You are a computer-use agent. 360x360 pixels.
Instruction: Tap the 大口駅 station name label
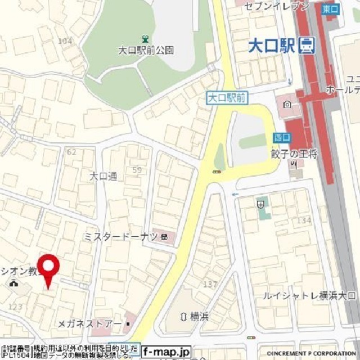click(x=272, y=44)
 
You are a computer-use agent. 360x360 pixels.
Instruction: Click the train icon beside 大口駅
click(x=307, y=44)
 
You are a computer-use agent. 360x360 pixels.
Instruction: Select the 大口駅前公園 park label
click(x=146, y=50)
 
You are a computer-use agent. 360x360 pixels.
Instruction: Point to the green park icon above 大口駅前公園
click(x=146, y=39)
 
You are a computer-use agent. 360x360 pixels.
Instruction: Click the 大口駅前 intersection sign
click(x=227, y=98)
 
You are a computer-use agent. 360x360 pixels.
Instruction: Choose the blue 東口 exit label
click(x=331, y=8)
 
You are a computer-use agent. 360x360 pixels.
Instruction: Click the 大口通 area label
click(x=103, y=176)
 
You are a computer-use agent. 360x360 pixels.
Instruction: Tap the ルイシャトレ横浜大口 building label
click(x=309, y=295)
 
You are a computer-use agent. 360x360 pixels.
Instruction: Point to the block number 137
click(x=210, y=284)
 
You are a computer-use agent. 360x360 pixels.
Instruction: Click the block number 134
click(x=304, y=220)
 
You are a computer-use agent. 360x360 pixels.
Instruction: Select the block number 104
click(x=65, y=40)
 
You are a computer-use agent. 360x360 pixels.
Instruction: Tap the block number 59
click(x=137, y=169)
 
